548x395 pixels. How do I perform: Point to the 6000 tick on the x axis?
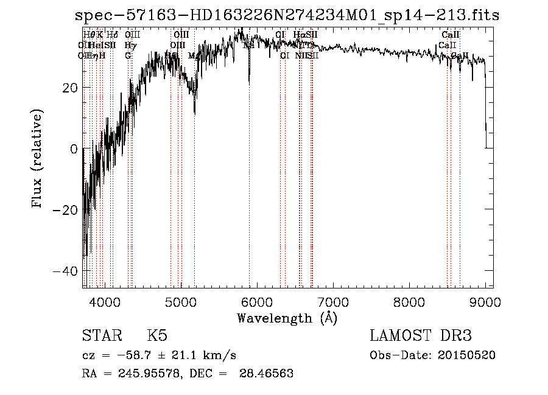pos(256,301)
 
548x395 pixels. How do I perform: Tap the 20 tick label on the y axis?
pos(70,88)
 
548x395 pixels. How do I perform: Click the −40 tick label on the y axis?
pos(66,270)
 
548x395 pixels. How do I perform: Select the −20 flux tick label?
pos(66,209)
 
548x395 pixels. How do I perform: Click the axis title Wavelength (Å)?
pos(287,318)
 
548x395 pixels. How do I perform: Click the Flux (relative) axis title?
pos(38,159)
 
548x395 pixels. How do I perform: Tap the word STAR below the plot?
pos(102,336)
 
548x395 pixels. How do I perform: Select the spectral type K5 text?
pos(157,336)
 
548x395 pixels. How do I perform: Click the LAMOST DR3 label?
pos(421,336)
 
